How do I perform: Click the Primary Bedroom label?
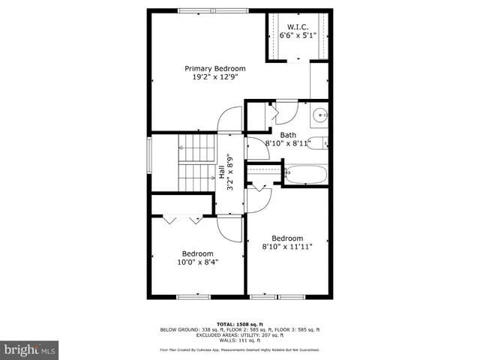[215, 69]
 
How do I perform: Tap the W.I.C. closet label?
[298, 26]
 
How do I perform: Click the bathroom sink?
[319, 115]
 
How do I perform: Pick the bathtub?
[304, 175]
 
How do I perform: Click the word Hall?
[223, 172]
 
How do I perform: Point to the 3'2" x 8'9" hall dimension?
[232, 172]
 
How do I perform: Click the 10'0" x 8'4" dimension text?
[198, 262]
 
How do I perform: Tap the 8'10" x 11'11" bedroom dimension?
[287, 246]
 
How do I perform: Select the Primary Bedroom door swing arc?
[229, 120]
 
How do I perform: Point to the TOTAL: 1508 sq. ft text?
[239, 324]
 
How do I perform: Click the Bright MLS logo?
[30, 349]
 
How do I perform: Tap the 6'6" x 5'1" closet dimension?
[298, 35]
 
